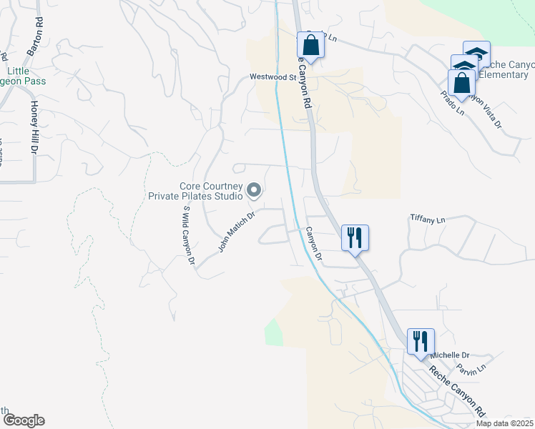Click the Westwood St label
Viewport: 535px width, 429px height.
(x=273, y=77)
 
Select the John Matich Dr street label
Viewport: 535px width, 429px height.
(x=237, y=232)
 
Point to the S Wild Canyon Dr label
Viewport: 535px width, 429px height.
(x=189, y=237)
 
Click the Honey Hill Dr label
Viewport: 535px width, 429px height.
(x=33, y=128)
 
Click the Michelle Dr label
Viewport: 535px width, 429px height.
(x=449, y=355)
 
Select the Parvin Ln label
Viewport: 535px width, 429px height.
(x=472, y=369)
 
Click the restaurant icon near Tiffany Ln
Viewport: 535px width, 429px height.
(x=355, y=237)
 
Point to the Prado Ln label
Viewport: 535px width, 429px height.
(x=452, y=103)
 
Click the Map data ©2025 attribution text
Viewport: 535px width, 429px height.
(x=504, y=423)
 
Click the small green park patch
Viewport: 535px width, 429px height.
(x=273, y=334)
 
